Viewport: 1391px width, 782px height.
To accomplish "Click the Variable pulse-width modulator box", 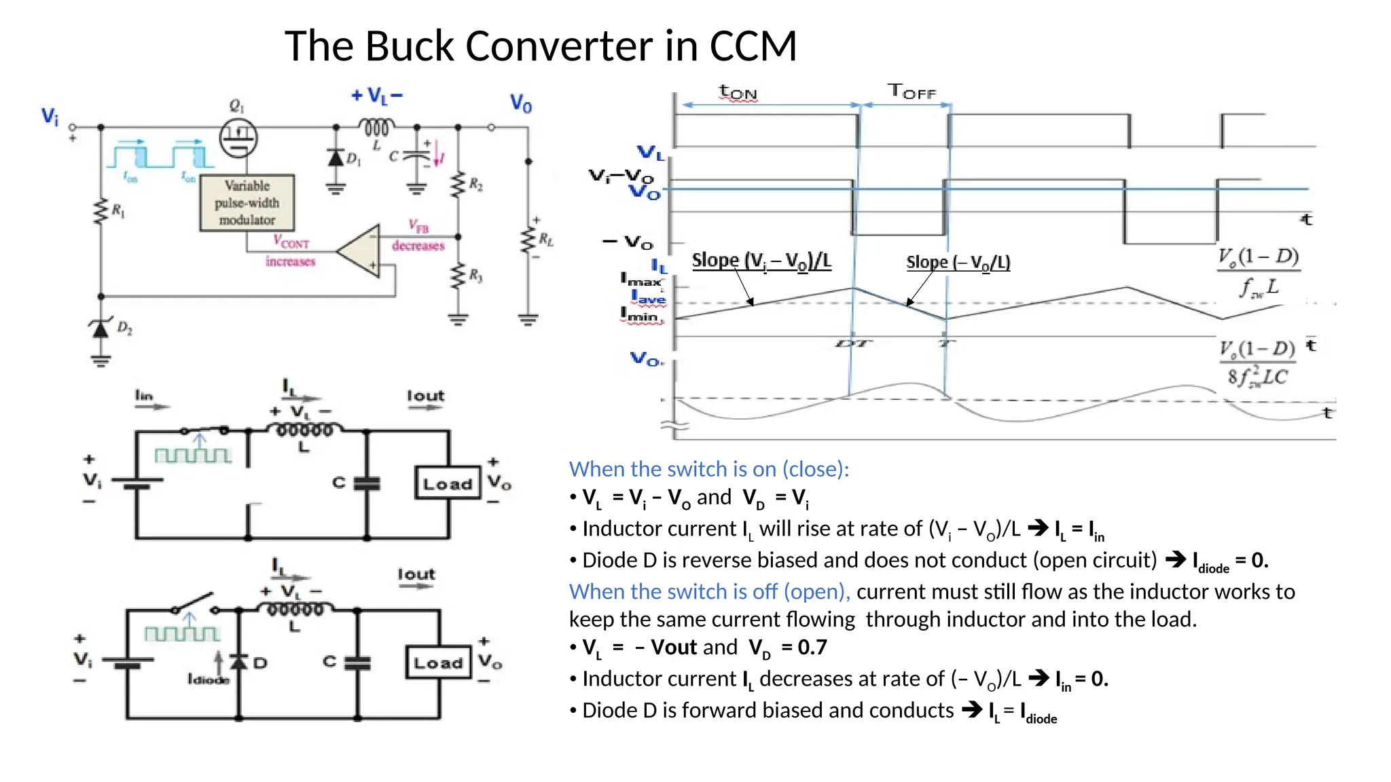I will pyautogui.click(x=247, y=202).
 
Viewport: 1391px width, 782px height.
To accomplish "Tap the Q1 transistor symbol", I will pyautogui.click(x=238, y=138).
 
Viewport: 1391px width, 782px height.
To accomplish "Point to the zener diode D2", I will pyautogui.click(x=101, y=329).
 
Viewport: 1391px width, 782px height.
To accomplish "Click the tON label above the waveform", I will pyautogui.click(x=738, y=92).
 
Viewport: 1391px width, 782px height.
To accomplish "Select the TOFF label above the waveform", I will pyautogui.click(x=911, y=91).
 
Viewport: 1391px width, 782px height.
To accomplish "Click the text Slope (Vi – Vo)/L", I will pyautogui.click(x=761, y=261).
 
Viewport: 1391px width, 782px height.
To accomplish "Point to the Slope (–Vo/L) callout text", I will pyautogui.click(x=958, y=262).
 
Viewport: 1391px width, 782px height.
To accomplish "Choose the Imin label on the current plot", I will pyautogui.click(x=640, y=316).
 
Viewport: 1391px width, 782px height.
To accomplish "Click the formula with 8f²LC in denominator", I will pyautogui.click(x=1257, y=364).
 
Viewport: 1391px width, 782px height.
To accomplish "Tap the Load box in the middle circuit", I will pyautogui.click(x=448, y=483).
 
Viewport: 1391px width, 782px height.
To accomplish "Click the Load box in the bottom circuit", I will pyautogui.click(x=438, y=662).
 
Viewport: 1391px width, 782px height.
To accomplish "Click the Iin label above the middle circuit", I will pyautogui.click(x=144, y=395).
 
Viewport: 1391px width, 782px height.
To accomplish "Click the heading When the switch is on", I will pyautogui.click(x=708, y=469).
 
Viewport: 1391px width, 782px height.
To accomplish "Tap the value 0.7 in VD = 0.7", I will pyautogui.click(x=812, y=648).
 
